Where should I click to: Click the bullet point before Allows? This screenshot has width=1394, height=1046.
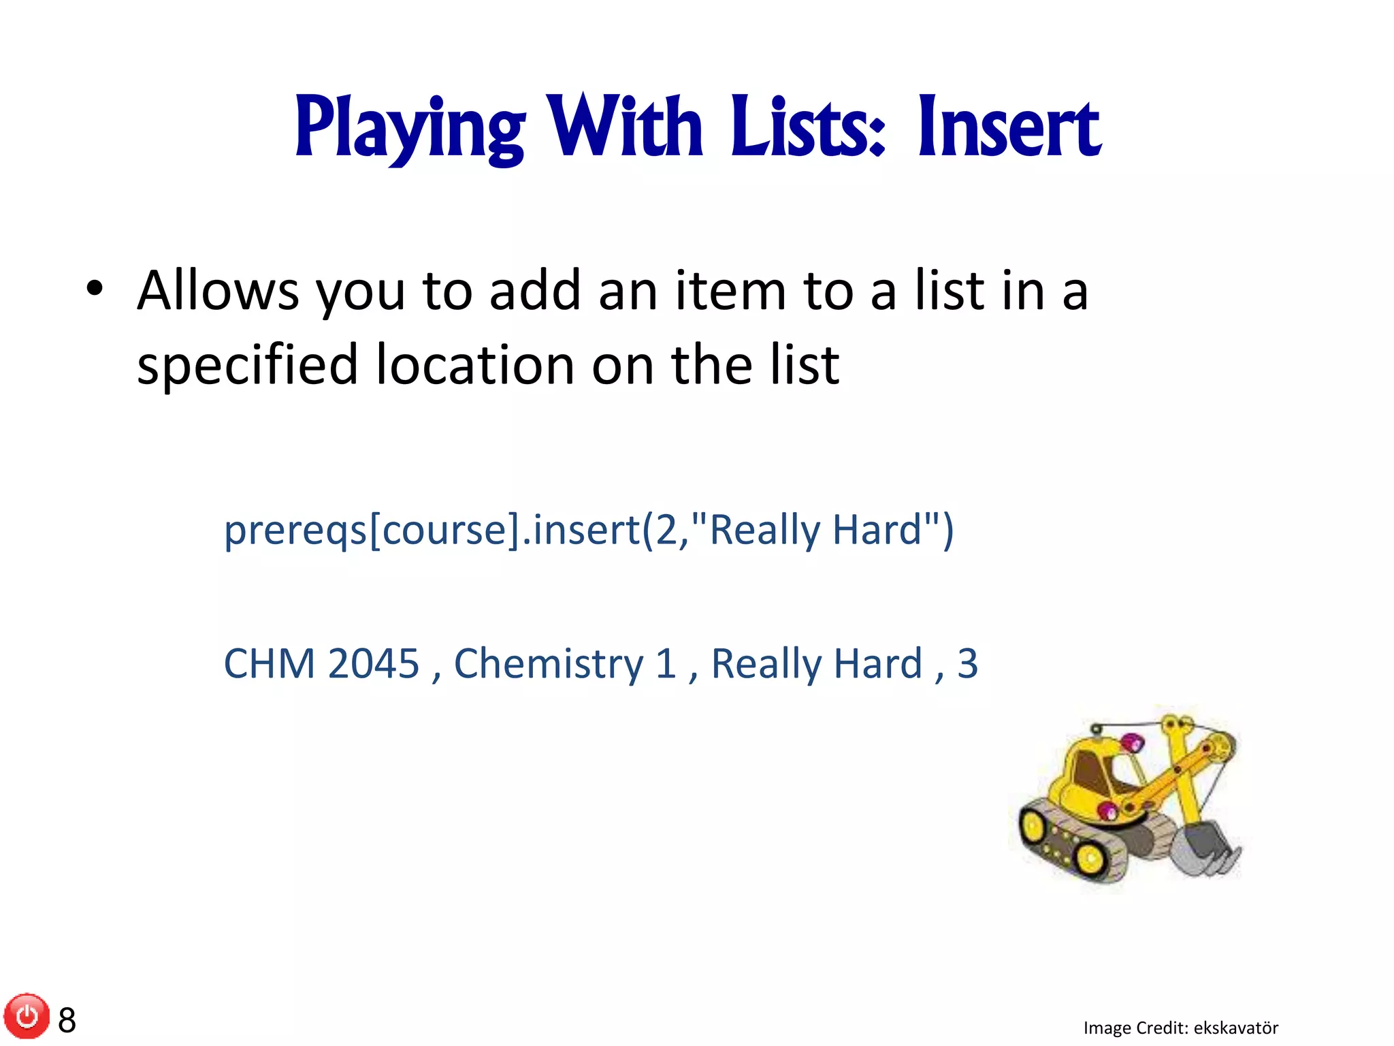click(95, 289)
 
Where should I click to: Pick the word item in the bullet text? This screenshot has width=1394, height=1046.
click(730, 291)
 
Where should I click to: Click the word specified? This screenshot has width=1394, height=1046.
click(247, 365)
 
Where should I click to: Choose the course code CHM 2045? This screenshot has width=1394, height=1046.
click(321, 663)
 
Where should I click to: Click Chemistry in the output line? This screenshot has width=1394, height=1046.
click(548, 663)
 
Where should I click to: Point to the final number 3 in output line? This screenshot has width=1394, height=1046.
click(967, 663)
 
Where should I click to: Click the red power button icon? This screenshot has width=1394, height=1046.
click(27, 1017)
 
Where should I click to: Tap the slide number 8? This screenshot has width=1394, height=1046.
click(67, 1020)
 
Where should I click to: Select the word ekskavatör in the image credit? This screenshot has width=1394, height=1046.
click(1236, 1028)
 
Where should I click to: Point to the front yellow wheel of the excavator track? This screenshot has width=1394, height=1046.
click(1091, 858)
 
